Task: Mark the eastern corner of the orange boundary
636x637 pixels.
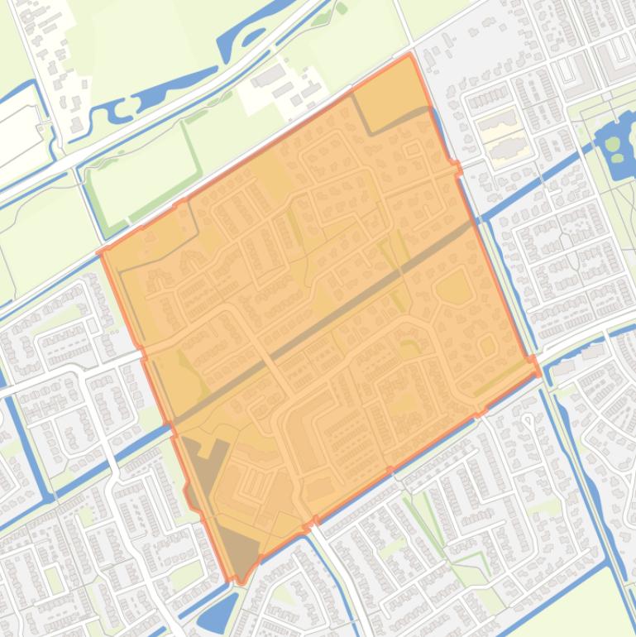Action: pos(539,372)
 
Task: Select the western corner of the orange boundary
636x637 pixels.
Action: pos(101,251)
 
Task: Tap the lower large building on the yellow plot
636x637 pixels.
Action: pos(505,150)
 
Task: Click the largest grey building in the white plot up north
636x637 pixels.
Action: pos(269,79)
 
